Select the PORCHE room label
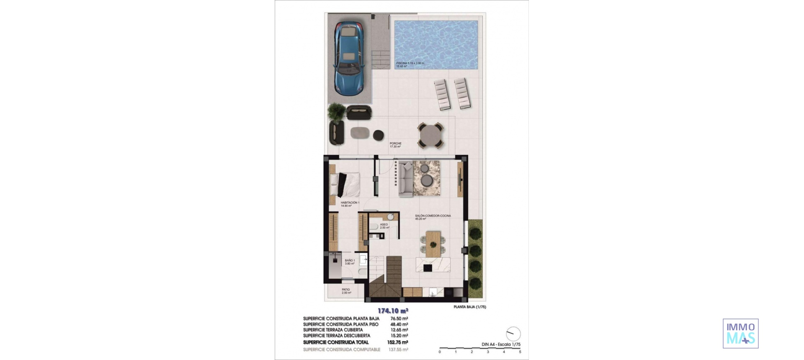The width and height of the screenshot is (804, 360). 395,144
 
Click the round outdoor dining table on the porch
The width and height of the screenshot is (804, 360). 430,135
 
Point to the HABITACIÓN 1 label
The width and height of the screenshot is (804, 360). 350,203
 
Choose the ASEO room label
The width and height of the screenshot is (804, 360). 384,225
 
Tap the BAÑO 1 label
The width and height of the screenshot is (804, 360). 350,260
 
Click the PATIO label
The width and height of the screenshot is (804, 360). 345,290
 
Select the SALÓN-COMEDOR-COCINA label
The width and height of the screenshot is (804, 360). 433,216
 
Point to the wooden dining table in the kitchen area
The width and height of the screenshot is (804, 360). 433,244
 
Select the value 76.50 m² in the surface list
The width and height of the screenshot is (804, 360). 399,319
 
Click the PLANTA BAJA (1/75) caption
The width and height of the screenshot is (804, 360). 469,307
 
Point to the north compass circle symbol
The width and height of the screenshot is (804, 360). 513,334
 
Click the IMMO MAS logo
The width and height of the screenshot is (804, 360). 740,334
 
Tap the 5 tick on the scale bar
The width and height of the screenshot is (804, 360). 520,352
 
